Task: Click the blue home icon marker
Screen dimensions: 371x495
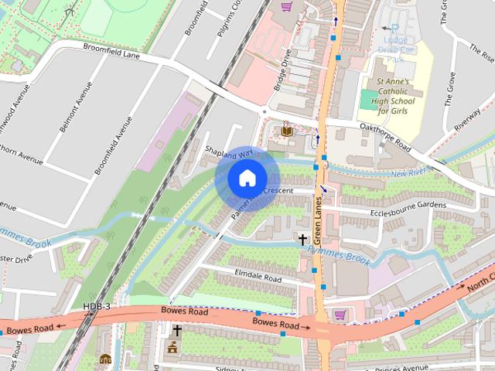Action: (246, 178)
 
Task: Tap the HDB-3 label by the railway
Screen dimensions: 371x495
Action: (97, 307)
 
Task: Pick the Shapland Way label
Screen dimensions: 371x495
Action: (230, 152)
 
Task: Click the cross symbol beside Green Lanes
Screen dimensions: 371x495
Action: (302, 239)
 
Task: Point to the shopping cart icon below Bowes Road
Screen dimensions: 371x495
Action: (340, 315)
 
